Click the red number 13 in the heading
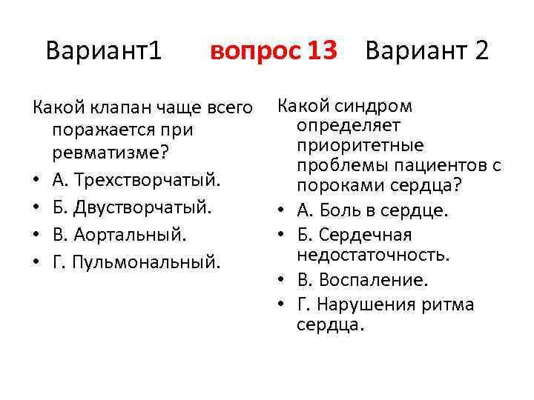tap(322, 51)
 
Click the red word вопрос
tap(252, 51)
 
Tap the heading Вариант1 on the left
tap(103, 51)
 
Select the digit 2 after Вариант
tap(481, 51)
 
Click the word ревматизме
tap(103, 156)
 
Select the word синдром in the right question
tap(378, 106)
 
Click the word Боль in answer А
tap(346, 210)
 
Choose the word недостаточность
tap(373, 256)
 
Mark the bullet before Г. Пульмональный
tap(37, 261)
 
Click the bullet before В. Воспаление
tap(286, 281)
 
